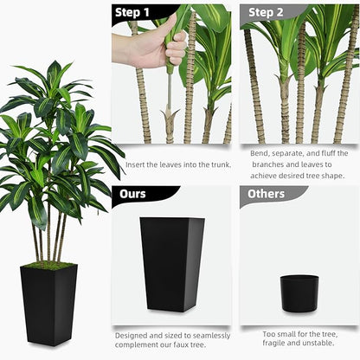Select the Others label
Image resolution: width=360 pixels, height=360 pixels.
point(267,194)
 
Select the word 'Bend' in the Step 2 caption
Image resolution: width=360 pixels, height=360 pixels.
point(260,153)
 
